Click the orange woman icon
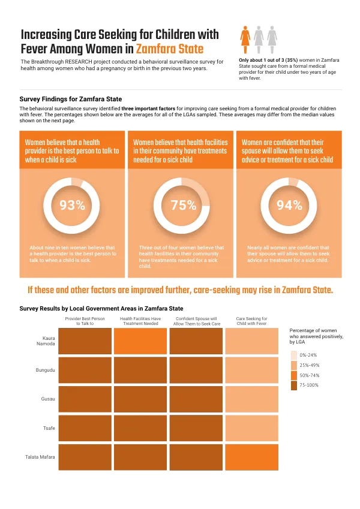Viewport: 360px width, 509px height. click(245, 40)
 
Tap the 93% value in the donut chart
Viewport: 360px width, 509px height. click(73, 205)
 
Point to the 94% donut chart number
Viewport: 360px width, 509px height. click(289, 205)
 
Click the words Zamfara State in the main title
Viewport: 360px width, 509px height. click(170, 49)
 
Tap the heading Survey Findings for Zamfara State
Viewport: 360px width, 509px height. click(71, 100)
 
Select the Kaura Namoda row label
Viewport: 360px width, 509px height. click(46, 341)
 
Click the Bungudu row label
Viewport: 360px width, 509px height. click(45, 370)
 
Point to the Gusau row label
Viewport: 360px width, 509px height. click(48, 399)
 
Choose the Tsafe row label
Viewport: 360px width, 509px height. click(49, 428)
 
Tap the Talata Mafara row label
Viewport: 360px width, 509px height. click(40, 457)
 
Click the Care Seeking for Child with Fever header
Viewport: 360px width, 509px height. click(252, 321)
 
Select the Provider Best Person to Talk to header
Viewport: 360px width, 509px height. click(85, 321)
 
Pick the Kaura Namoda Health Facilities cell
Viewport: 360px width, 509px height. click(140, 341)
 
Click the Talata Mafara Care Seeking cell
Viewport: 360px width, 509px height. click(252, 457)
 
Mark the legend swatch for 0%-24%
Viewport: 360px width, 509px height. click(294, 355)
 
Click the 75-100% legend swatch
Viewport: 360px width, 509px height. click(294, 385)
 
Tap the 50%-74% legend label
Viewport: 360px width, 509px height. click(310, 375)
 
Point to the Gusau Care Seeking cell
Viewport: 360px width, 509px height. click(252, 399)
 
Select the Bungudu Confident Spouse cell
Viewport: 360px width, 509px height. click(196, 370)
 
